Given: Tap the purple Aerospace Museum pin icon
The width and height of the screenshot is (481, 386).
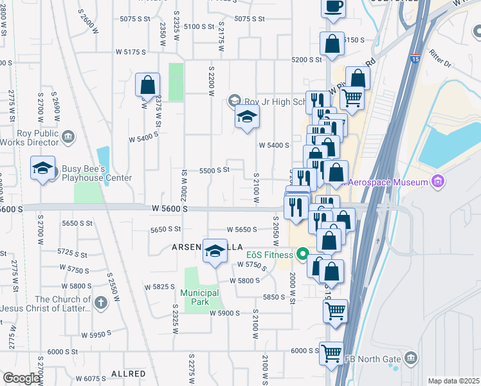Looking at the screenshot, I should [x=439, y=181].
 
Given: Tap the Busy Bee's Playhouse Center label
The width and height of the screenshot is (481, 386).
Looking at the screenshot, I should [x=96, y=174].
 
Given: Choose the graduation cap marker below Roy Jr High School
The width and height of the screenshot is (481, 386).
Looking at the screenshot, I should [x=246, y=118].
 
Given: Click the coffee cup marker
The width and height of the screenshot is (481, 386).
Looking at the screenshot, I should [x=333, y=7].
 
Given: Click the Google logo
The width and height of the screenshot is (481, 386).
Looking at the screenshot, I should [x=21, y=378].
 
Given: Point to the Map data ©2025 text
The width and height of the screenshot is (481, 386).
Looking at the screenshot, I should [x=453, y=381].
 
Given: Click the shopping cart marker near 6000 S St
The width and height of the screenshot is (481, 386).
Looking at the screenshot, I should [x=331, y=353].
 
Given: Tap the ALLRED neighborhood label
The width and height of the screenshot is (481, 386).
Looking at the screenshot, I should [x=128, y=373].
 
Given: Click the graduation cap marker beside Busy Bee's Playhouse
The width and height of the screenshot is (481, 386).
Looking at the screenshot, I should [x=43, y=169].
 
